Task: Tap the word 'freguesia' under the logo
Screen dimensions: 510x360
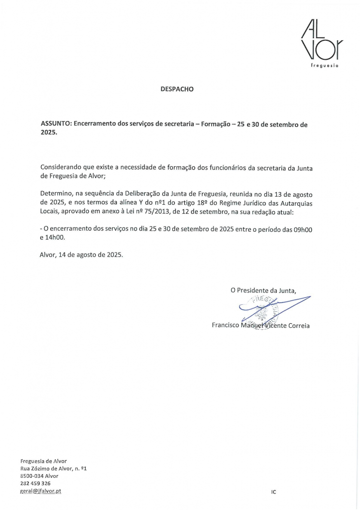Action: [x=325, y=66]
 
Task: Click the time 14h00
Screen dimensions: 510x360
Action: [x=56, y=239]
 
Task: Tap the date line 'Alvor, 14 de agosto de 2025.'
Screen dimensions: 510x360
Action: [x=81, y=255]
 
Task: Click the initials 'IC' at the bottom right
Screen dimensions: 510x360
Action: [x=274, y=491]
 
